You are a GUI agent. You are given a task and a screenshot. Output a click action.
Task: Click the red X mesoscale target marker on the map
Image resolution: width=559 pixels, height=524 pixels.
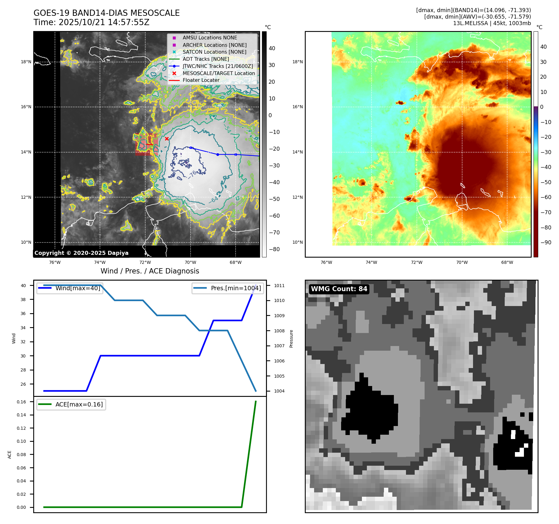167,139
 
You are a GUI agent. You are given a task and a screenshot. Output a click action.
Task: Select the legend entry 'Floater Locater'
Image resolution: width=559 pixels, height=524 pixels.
201,80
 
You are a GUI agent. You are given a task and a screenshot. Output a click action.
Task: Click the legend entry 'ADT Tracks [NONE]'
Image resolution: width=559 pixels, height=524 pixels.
205,59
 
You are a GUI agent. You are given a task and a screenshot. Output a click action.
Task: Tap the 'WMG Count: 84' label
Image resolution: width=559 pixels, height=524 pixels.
339,289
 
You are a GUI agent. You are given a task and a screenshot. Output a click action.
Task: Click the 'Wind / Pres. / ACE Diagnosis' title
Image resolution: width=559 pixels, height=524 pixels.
150,271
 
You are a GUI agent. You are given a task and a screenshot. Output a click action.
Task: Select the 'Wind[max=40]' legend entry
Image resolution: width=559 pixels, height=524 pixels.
78,288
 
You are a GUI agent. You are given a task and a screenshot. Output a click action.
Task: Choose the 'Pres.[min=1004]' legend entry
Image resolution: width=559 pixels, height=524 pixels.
236,288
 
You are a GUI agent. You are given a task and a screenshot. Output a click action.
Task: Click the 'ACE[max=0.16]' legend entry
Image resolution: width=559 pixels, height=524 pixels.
79,404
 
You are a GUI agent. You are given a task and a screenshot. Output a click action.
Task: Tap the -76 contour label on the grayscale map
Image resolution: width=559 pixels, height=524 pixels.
192,174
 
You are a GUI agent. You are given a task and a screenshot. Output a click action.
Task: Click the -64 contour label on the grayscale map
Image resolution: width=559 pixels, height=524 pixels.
214,199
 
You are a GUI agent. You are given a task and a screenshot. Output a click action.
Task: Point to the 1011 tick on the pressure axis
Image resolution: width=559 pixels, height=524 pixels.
279,286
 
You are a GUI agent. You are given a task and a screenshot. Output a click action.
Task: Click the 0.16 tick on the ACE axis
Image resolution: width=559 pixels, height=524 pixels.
21,402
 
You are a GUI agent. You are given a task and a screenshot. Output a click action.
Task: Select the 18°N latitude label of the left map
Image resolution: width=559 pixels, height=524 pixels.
26,62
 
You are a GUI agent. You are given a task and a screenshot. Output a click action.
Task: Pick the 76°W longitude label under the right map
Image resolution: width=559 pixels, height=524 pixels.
326,262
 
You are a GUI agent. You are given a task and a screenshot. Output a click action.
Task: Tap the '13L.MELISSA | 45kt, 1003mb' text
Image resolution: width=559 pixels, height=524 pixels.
492,23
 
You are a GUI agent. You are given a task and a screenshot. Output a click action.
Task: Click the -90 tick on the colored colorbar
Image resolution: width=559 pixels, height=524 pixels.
546,242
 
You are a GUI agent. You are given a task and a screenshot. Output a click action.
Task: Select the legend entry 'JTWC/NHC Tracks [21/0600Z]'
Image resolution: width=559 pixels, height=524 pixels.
218,66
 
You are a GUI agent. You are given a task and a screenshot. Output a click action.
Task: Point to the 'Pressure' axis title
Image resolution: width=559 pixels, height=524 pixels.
291,339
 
